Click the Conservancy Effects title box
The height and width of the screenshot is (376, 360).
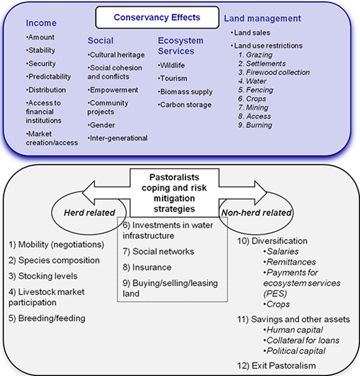tap(157, 17)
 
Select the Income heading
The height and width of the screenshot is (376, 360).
tap(42, 23)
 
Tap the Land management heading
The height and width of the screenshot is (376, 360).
tap(262, 19)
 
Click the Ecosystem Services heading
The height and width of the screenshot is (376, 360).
tap(181, 46)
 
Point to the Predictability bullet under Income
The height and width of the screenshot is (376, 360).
tap(48, 77)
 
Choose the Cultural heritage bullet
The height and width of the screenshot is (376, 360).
tap(116, 55)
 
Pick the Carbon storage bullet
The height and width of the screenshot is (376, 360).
tap(185, 105)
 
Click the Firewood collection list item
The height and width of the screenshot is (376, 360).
tap(274, 72)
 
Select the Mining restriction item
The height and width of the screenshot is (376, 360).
tap(253, 107)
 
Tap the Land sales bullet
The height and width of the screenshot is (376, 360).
tap(251, 33)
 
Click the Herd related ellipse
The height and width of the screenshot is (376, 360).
tap(89, 213)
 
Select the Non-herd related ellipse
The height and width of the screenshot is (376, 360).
tap(256, 213)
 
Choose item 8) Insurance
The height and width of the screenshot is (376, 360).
tap(147, 267)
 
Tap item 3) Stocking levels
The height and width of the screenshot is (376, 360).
tap(43, 276)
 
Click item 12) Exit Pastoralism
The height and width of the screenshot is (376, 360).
tap(276, 366)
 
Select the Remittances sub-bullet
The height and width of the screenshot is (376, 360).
tap(289, 262)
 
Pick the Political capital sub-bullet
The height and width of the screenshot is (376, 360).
tap(294, 351)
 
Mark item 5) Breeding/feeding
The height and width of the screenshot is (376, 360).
tap(47, 319)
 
